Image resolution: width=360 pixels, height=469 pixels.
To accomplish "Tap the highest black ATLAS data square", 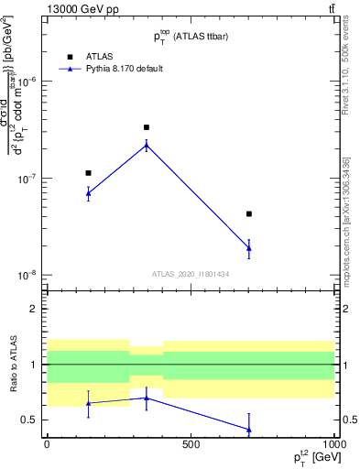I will click(x=147, y=127).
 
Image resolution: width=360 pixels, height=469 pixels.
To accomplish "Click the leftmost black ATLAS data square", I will click(x=88, y=172).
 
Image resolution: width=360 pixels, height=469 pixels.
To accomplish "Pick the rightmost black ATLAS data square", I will click(x=248, y=213).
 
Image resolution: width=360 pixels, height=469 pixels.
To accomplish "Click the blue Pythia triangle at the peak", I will click(x=147, y=145).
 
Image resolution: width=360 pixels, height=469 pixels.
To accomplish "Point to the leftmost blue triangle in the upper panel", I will click(x=88, y=193).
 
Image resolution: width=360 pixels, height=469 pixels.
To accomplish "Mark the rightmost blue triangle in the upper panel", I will click(x=248, y=247).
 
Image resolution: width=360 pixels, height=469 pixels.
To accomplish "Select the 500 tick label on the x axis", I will click(x=191, y=444).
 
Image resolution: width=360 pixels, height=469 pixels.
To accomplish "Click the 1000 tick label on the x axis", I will click(x=333, y=444).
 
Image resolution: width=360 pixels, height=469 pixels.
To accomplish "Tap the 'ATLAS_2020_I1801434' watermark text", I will click(x=190, y=274).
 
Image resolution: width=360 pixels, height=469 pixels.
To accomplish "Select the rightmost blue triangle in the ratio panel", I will click(x=248, y=430).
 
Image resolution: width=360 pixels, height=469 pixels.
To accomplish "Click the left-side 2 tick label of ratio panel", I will click(x=34, y=309).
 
